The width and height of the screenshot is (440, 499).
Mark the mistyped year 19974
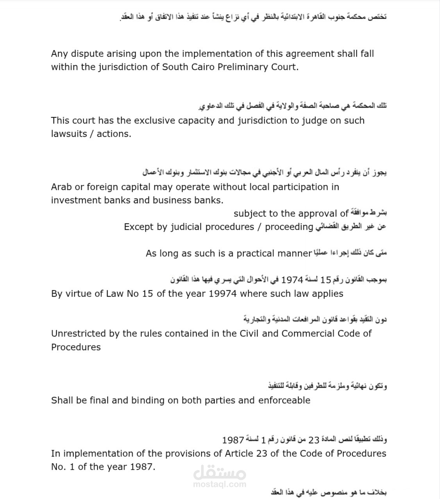coord(223,294)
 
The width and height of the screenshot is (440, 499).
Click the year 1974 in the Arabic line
coord(292,280)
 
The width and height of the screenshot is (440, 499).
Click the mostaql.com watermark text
coord(220,484)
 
